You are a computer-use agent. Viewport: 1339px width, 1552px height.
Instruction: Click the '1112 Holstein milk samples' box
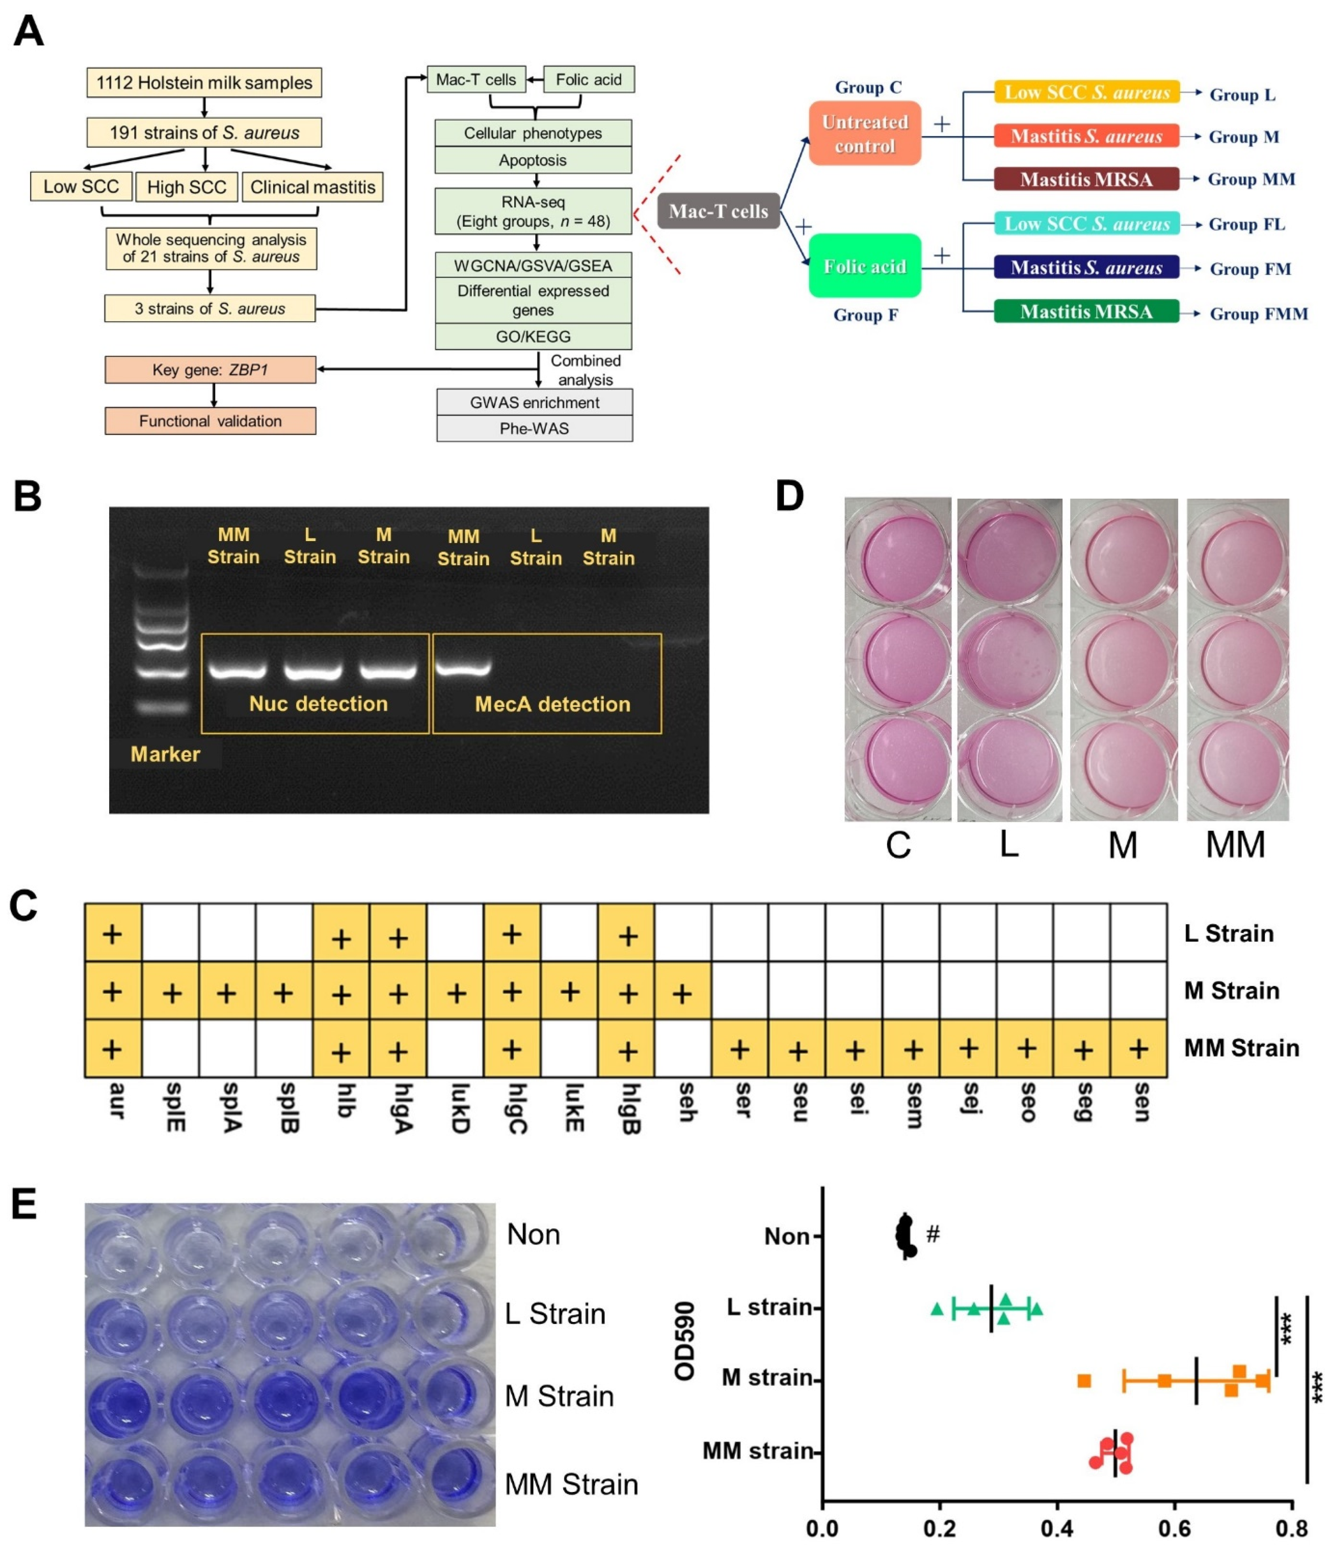(204, 83)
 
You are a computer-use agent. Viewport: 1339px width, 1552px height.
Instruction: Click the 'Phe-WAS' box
(534, 428)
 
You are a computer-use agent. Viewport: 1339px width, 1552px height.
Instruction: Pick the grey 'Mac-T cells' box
(718, 211)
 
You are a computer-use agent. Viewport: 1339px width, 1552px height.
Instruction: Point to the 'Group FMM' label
(1258, 314)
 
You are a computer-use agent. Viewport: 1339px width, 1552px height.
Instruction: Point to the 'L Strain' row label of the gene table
(1228, 933)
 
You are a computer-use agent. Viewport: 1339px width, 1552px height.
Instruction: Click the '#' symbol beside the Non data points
(932, 1233)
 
